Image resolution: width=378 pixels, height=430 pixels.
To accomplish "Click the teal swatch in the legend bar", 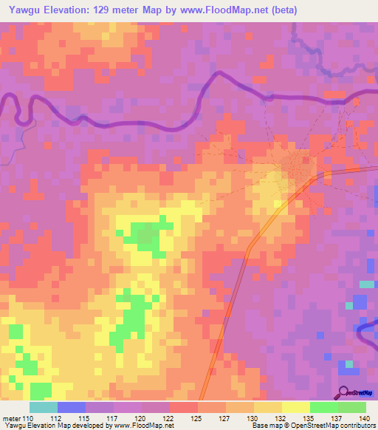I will [x=43, y=407].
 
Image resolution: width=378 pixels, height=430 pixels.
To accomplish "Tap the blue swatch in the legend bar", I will [x=71, y=407].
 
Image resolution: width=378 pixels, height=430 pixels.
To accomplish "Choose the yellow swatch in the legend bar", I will [x=295, y=407].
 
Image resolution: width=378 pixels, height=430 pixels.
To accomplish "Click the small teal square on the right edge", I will [x=367, y=284].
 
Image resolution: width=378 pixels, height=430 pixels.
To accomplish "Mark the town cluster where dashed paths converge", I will [x=299, y=165].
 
